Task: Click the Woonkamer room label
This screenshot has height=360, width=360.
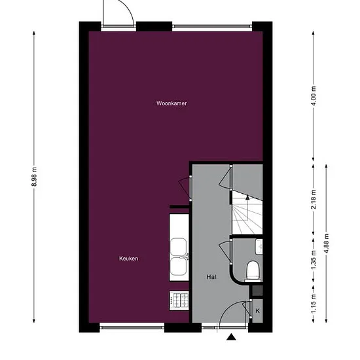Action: (x=171, y=103)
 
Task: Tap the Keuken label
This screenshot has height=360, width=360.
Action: (x=128, y=259)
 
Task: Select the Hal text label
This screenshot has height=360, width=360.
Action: (x=211, y=277)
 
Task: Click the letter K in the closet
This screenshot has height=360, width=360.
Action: (x=258, y=311)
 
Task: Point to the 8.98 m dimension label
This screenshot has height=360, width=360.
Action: (x=34, y=177)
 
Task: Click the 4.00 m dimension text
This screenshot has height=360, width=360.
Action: (x=314, y=96)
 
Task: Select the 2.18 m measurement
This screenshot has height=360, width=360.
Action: (x=314, y=199)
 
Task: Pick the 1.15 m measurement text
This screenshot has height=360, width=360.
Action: (x=314, y=304)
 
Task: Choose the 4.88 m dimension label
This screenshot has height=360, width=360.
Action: (x=326, y=243)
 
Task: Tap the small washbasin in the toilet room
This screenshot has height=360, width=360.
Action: (x=259, y=247)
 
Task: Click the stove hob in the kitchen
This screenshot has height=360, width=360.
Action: (x=179, y=300)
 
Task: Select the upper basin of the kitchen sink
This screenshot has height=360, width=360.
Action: (x=178, y=247)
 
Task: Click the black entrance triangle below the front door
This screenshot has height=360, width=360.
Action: (x=232, y=337)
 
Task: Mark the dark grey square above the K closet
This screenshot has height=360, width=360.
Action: (x=258, y=291)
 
